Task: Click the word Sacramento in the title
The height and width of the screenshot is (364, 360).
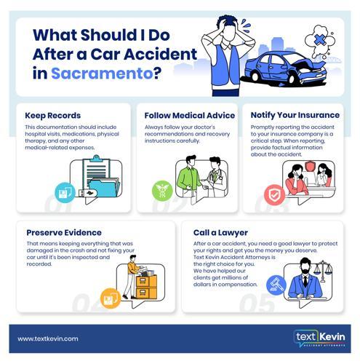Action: (102, 73)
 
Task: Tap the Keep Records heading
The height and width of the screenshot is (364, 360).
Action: (53, 116)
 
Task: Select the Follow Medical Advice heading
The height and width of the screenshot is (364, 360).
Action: (190, 116)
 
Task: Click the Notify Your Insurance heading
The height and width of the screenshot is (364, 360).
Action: (295, 115)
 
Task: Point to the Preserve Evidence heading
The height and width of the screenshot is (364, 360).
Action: (64, 232)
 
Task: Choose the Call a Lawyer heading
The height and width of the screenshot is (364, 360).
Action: (220, 232)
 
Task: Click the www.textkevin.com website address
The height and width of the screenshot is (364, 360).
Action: (48, 339)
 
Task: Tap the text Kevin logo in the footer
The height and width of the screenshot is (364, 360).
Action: (320, 339)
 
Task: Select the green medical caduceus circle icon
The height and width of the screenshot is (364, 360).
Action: (162, 191)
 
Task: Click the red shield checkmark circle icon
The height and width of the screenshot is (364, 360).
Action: (274, 195)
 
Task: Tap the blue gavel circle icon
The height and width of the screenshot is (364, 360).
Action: (276, 285)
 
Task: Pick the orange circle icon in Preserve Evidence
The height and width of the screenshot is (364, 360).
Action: (111, 298)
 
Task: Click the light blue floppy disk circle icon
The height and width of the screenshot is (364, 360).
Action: (65, 192)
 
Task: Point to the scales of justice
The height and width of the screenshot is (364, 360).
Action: (323, 271)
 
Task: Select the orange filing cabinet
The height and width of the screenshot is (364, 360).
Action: (146, 287)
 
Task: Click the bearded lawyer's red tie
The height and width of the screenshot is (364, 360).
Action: (305, 281)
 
